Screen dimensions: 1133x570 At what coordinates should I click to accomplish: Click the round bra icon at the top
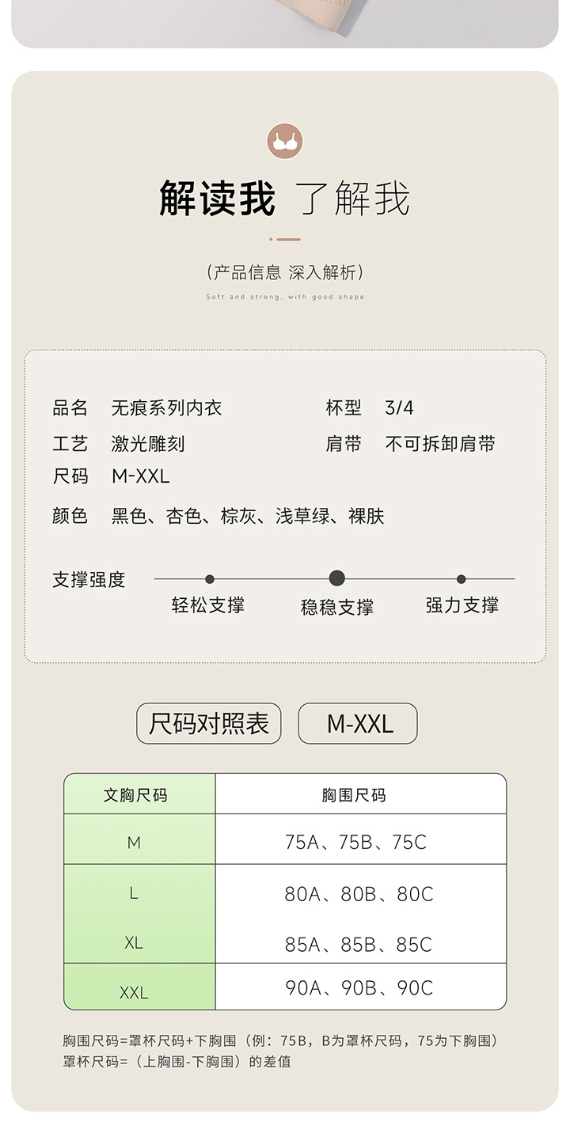[x=285, y=142]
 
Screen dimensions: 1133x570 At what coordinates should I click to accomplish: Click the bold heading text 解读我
[x=217, y=199]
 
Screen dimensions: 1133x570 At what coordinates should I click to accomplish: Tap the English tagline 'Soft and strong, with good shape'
[x=285, y=297]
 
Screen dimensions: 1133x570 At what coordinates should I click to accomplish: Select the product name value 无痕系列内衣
[x=166, y=408]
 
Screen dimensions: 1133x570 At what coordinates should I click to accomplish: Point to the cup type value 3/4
[x=399, y=408]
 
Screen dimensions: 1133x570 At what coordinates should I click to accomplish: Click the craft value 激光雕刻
[x=148, y=444]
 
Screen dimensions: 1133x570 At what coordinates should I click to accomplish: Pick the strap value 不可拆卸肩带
[x=440, y=444]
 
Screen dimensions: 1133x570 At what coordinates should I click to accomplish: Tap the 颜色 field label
[x=70, y=517]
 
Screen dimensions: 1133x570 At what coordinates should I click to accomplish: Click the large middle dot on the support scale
[x=336, y=578]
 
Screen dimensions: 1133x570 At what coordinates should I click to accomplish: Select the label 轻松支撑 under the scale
[x=208, y=605]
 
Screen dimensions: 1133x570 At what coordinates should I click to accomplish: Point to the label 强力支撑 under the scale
[x=462, y=605]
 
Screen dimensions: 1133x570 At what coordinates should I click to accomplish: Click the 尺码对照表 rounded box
[x=209, y=723]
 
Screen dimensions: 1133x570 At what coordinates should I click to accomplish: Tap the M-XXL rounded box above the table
[x=358, y=723]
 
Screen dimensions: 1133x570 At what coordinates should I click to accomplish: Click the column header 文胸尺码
[x=135, y=795]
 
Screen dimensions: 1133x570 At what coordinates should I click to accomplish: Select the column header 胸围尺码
[x=354, y=795]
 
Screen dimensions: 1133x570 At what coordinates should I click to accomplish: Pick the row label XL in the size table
[x=134, y=943]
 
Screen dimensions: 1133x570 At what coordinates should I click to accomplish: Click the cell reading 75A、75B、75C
[x=355, y=843]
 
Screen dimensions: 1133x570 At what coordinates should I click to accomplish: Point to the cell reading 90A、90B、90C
[x=359, y=988]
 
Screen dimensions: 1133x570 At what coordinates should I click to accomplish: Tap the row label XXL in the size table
[x=134, y=992]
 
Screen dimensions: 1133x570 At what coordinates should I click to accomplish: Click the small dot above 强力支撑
[x=462, y=579]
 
